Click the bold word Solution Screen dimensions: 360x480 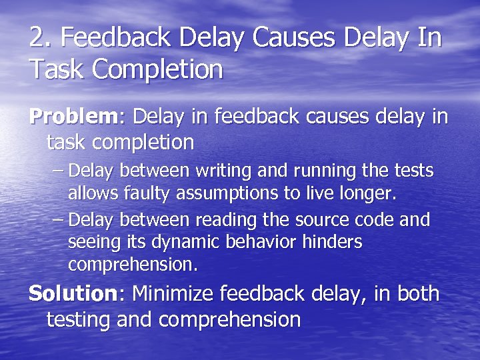click(73, 293)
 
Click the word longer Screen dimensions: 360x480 click(369, 194)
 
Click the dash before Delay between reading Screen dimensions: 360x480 click(58, 219)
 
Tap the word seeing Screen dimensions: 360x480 click(91, 242)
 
